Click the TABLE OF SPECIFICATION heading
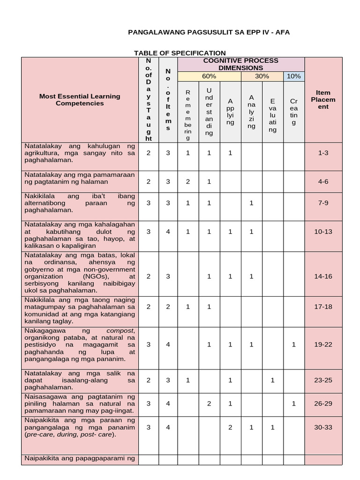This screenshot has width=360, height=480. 180,53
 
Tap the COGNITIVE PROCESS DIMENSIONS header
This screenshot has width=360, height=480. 240,64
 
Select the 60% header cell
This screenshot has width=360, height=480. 209,76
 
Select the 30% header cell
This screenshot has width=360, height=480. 262,76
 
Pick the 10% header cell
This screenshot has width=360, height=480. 294,76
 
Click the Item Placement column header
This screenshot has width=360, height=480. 323,99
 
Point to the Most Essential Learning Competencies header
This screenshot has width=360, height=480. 80,99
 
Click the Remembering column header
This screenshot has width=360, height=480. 188,115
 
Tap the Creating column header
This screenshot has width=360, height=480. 294,112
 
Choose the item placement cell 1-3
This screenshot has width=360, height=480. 323,153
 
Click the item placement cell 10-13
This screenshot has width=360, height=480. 323,231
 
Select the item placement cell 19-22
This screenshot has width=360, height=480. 323,345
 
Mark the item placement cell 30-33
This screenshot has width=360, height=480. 323,427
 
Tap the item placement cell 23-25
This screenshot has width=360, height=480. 323,380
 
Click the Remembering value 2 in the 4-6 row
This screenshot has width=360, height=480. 188,181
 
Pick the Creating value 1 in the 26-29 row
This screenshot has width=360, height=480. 294,403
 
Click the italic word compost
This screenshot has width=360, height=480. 113,330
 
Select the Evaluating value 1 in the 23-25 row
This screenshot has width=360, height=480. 272,380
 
